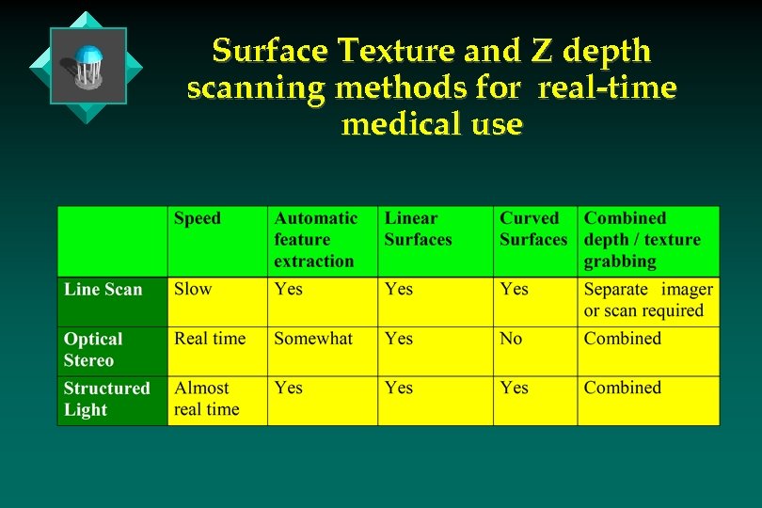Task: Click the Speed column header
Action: (x=198, y=218)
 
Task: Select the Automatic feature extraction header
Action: (x=315, y=240)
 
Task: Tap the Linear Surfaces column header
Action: (x=418, y=229)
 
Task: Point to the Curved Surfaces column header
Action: (x=532, y=229)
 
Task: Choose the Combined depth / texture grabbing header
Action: (x=642, y=240)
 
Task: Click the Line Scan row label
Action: (x=103, y=290)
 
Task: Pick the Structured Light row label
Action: (x=106, y=399)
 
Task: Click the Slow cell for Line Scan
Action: (x=193, y=290)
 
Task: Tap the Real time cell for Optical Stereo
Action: (x=210, y=339)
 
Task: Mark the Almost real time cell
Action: (x=206, y=399)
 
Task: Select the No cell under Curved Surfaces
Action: (x=511, y=339)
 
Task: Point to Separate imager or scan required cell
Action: (x=647, y=300)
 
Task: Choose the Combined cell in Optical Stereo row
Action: (x=622, y=339)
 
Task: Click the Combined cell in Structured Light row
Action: (x=622, y=388)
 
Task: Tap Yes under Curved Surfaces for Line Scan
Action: (x=514, y=290)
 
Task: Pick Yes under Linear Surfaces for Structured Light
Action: (x=399, y=388)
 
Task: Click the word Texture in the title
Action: (x=389, y=50)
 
